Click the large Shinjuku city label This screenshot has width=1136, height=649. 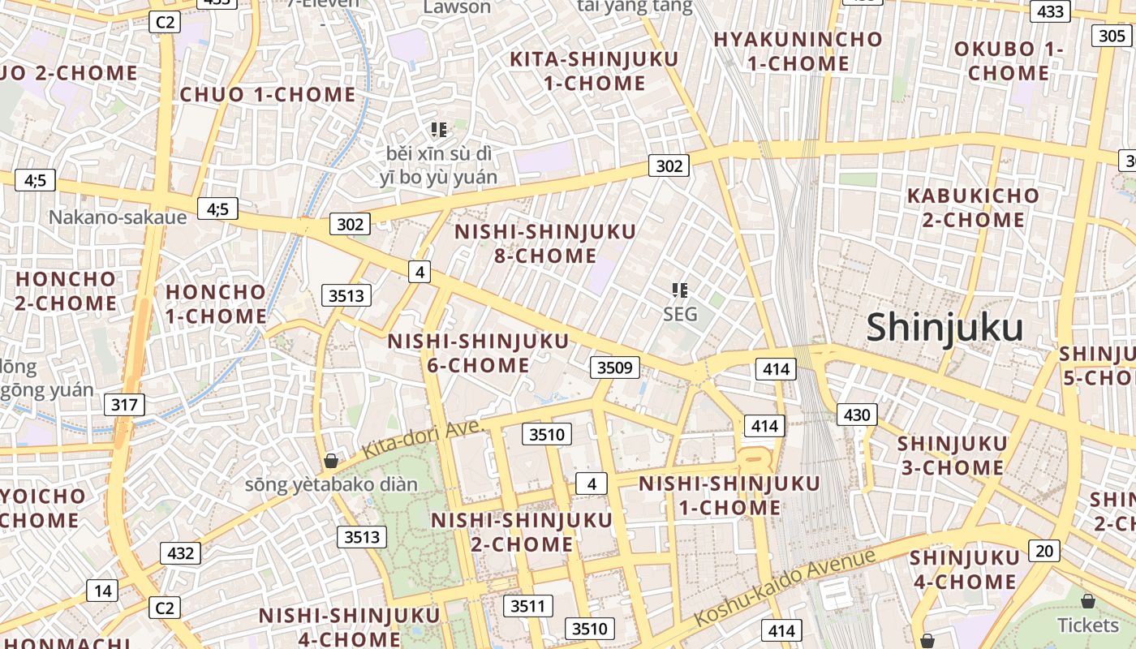click(x=945, y=329)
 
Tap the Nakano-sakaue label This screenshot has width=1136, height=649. click(x=118, y=217)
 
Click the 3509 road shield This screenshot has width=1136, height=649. click(x=614, y=367)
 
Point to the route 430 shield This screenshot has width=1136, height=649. click(x=856, y=415)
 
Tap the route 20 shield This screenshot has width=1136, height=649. click(x=1044, y=551)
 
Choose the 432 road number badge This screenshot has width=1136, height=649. click(x=180, y=553)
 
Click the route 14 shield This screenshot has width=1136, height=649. click(x=102, y=591)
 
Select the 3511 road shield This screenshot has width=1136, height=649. click(x=528, y=605)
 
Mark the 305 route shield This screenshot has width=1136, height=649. click(x=1111, y=36)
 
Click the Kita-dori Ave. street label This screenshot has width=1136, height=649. click(x=423, y=438)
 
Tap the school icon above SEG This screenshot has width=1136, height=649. click(x=680, y=290)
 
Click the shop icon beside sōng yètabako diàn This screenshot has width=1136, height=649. click(x=331, y=461)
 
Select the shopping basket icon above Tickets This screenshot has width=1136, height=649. click(x=1088, y=601)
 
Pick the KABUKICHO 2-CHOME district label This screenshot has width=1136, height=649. click(x=972, y=208)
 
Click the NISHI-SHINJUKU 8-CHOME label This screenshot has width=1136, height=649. click(x=545, y=243)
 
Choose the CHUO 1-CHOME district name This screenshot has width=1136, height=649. click(x=268, y=94)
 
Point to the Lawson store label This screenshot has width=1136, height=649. click(x=458, y=7)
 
